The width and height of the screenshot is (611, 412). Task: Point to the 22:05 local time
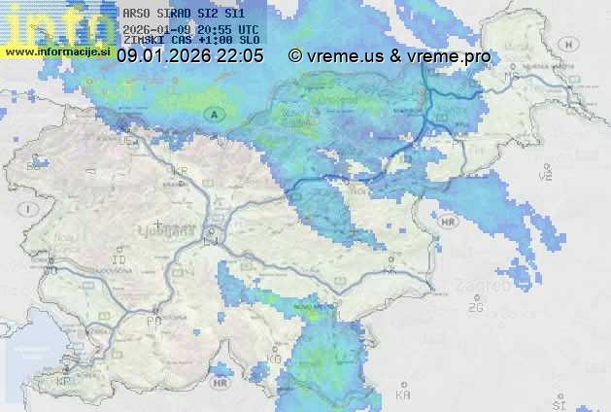click(x=238, y=56)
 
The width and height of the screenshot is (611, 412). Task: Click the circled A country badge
click(x=214, y=114)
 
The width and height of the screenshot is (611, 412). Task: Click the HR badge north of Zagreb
click(x=448, y=222)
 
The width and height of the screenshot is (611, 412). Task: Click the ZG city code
click(x=475, y=308)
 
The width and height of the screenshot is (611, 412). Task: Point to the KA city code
click(x=403, y=395)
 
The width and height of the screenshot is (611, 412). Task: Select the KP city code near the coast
click(x=64, y=383)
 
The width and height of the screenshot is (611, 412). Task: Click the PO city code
click(x=153, y=320)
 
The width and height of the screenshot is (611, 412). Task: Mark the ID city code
click(x=119, y=260)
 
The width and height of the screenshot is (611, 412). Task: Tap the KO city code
click(x=274, y=359)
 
